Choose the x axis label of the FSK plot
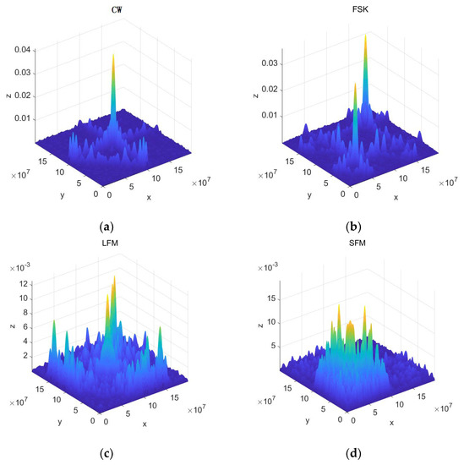point(396,199)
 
